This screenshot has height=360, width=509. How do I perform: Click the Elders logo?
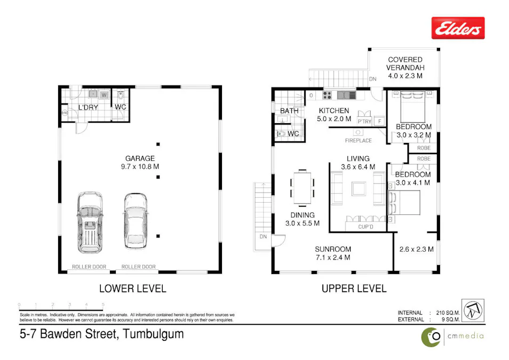[x=458, y=28]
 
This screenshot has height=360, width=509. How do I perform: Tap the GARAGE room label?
[x=140, y=158]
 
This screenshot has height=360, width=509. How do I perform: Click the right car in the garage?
[x=136, y=220]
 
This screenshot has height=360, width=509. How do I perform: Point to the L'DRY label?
[x=87, y=107]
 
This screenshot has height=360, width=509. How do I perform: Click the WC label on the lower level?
[x=120, y=107]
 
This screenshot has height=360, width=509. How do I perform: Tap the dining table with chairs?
[x=303, y=188]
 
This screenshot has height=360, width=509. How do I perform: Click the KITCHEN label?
[x=334, y=110]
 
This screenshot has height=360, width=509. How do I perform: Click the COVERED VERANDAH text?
[x=405, y=64]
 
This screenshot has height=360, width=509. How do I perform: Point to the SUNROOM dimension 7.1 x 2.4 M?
[x=332, y=258]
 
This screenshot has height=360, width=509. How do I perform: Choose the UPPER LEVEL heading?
[x=354, y=289]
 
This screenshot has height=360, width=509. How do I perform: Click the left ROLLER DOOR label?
[x=89, y=267]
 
